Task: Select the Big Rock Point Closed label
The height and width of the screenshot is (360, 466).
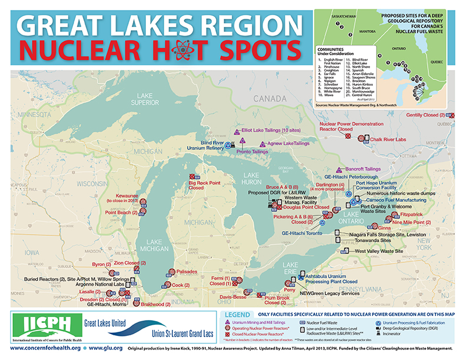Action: pos(204,185)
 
